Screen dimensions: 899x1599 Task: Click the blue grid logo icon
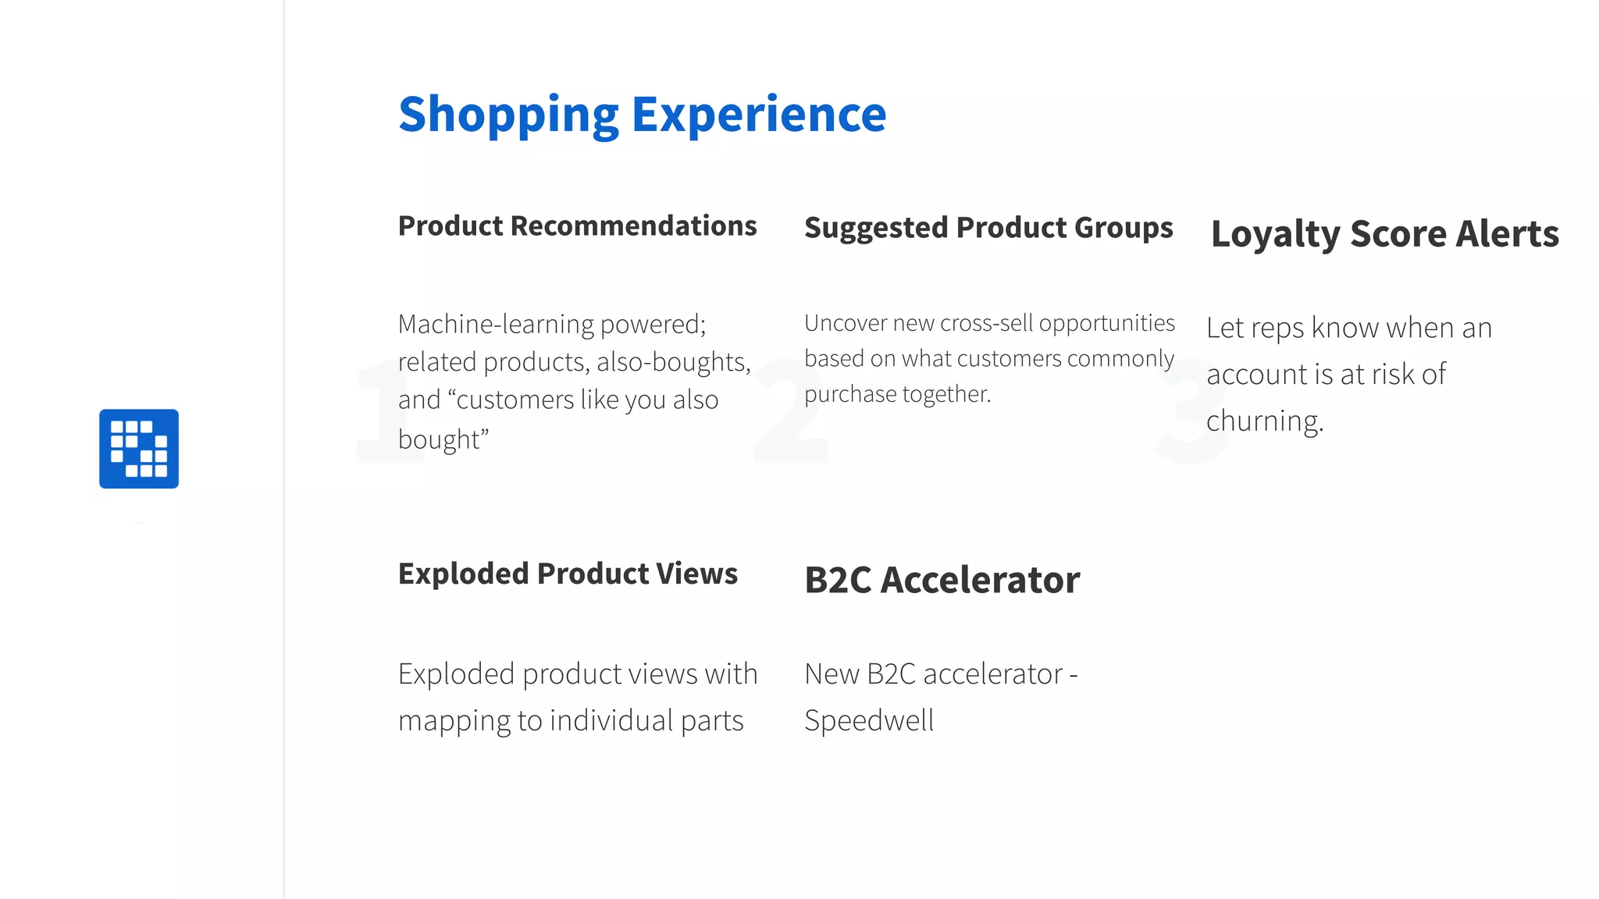139,449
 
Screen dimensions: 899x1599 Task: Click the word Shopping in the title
508,115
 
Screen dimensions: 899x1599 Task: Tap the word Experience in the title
759,115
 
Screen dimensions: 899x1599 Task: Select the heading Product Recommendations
577,226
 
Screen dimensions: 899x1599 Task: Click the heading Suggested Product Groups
988,228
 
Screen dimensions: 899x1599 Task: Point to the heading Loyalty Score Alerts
1384,234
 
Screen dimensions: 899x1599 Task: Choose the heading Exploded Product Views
568,574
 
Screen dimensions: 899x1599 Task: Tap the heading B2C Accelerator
942,580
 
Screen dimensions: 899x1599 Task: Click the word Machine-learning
496,324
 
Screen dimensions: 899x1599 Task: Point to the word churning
1265,421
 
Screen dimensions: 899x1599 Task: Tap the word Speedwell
869,720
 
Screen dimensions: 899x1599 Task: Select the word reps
1277,329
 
